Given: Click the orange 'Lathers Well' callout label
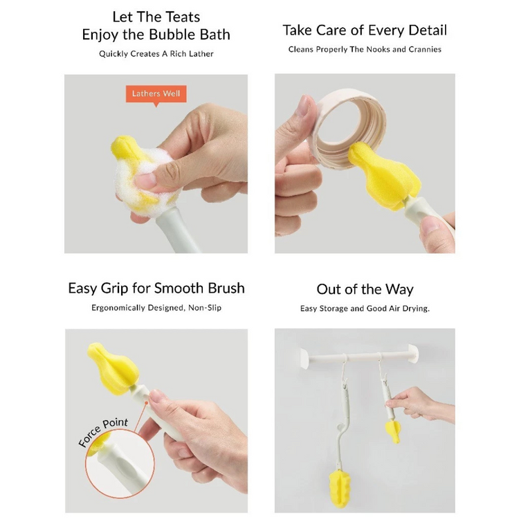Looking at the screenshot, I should (156, 93).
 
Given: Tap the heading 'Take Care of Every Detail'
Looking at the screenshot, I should (365, 30).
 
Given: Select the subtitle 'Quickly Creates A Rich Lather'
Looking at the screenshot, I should (156, 53).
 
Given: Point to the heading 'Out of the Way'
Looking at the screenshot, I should (365, 289).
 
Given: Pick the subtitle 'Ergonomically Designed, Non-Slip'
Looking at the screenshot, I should (156, 307).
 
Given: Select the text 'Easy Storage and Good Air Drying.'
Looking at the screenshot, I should (365, 308).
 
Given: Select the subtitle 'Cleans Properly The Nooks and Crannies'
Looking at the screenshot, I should (365, 49).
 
